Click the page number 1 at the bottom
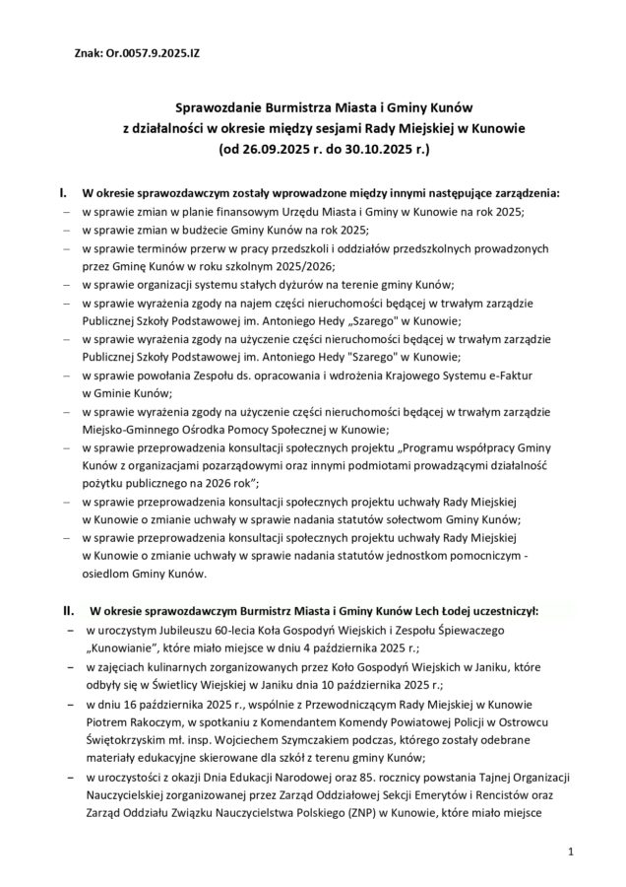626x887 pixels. (571, 850)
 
